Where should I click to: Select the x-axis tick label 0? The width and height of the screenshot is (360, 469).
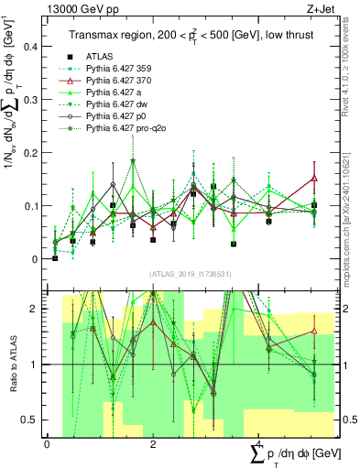pyautogui.click(x=47, y=443)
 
